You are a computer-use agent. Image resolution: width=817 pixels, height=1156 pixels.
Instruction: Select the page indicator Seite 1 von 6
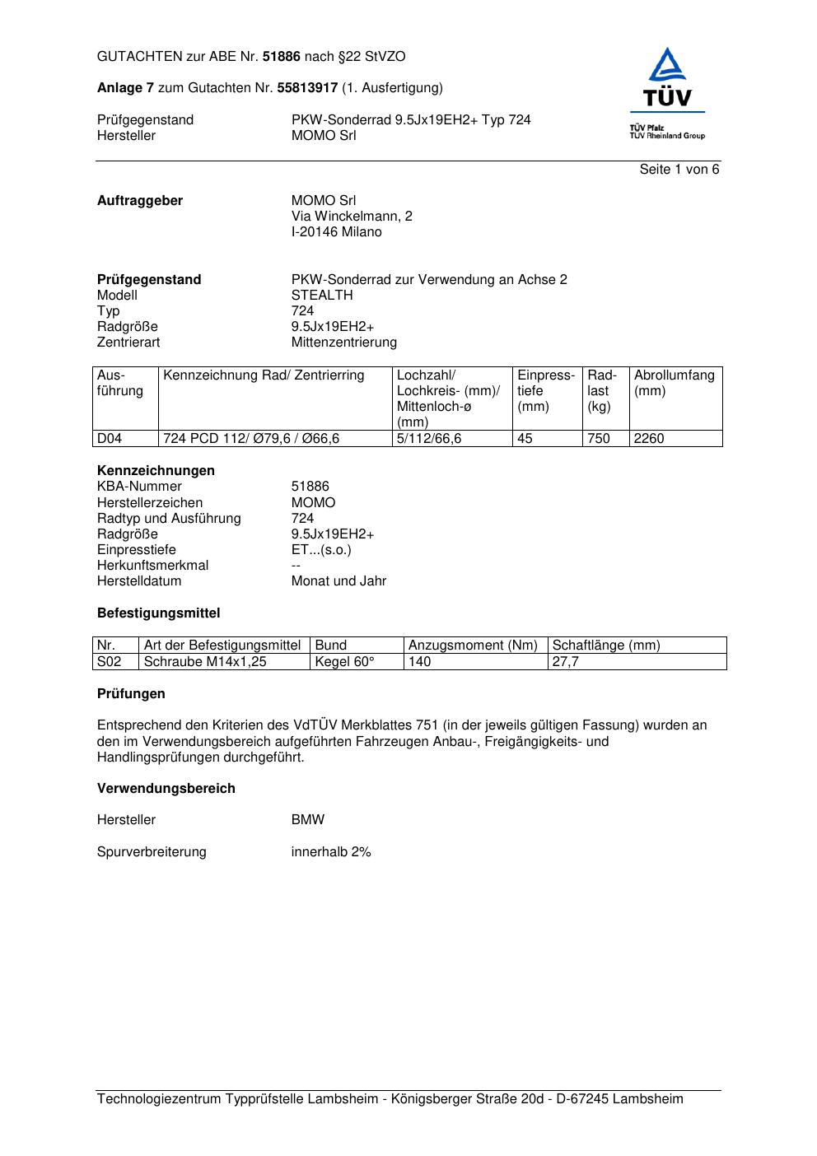coord(679,170)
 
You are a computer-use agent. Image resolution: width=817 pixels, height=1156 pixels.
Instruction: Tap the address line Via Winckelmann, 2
coord(352,217)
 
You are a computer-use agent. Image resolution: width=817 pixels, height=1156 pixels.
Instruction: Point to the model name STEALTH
coord(321,296)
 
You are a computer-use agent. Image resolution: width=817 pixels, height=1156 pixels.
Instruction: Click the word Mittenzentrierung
coord(343,343)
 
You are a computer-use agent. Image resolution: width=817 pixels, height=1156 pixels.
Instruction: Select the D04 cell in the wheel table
coord(110,439)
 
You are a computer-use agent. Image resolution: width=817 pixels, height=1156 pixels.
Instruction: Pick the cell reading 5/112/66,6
coord(429,439)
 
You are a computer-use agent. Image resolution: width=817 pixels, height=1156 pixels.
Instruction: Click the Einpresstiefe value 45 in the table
coord(525,439)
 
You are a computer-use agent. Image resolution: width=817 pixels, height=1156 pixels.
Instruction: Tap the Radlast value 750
coord(599,439)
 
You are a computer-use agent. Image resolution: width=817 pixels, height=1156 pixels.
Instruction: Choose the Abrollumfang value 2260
coord(649,439)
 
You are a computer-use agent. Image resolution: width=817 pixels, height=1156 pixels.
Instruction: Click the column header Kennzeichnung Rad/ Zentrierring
coord(264,376)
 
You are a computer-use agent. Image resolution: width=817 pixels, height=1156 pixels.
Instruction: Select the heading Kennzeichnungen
coord(156,471)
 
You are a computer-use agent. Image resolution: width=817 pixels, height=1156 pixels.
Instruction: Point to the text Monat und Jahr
coord(338,581)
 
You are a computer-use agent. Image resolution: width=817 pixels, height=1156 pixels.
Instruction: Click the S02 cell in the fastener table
coord(109,662)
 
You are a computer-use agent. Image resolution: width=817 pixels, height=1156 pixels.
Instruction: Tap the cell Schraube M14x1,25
coord(205,662)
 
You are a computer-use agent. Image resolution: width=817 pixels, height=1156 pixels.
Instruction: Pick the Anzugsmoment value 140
coord(419,662)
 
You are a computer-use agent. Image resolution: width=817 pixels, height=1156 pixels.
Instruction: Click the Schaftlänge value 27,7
coord(565,662)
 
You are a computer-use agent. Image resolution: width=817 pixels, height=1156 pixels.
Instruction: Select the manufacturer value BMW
coord(307,820)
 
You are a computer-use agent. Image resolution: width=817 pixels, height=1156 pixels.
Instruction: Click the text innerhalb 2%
coord(331,852)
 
